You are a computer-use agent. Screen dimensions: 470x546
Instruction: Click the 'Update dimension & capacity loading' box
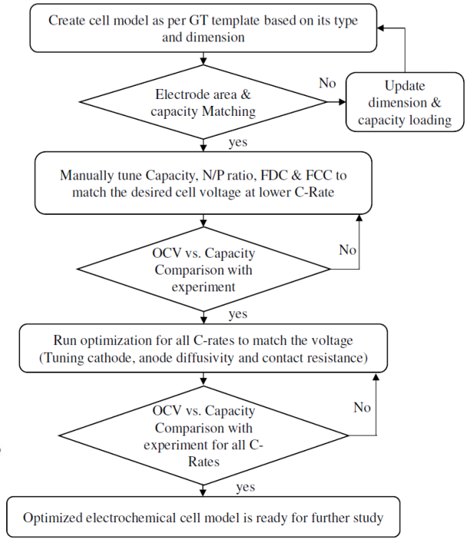[x=405, y=102]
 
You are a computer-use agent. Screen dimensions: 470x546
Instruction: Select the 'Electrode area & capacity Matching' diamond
[x=203, y=102]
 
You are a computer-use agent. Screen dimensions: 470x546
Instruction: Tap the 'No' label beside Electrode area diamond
[x=327, y=84]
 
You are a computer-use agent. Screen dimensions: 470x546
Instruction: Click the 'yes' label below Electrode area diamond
[x=238, y=142]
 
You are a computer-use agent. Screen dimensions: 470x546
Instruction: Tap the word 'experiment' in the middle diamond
[x=203, y=287]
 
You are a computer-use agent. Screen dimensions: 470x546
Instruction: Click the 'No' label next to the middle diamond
[x=347, y=250]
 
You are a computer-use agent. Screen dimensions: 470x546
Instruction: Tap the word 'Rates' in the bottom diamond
[x=204, y=462]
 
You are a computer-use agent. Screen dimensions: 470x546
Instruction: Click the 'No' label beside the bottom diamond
[x=362, y=407]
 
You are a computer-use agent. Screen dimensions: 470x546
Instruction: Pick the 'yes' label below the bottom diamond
[x=245, y=487]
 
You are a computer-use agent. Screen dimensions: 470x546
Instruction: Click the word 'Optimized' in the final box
[x=53, y=518]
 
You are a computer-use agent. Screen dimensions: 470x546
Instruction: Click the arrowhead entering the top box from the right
[x=380, y=28]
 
